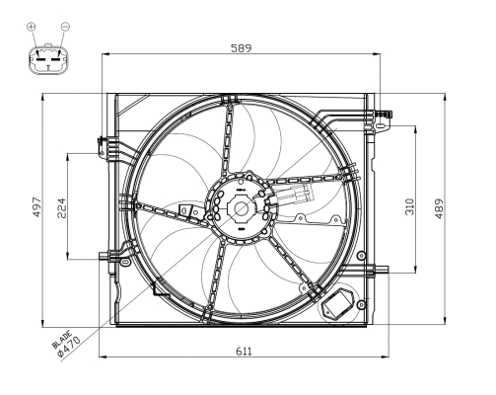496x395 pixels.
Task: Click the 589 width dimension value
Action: [240, 45]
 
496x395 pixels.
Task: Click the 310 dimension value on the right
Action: [408, 206]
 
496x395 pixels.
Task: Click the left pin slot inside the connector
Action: [40, 57]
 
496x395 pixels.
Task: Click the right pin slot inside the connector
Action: [55, 57]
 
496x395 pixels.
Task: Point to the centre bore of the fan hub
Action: [241, 208]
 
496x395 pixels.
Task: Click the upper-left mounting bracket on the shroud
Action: [105, 148]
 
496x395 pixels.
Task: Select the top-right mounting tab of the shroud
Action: [383, 119]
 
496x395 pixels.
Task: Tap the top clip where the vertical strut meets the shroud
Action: [229, 99]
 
